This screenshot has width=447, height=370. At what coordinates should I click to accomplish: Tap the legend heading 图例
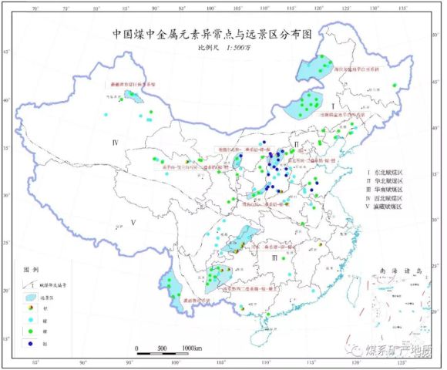(31, 271)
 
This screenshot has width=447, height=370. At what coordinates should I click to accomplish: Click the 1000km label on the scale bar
(192, 348)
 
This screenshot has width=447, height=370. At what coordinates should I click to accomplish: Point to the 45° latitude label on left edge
(8, 52)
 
